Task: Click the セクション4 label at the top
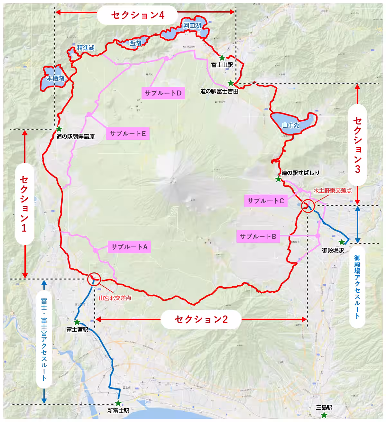pyautogui.click(x=138, y=15)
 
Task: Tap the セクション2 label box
pyautogui.click(x=201, y=319)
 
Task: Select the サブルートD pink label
pyautogui.click(x=163, y=93)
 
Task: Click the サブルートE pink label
pyautogui.click(x=128, y=133)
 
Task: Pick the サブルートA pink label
pyautogui.click(x=129, y=247)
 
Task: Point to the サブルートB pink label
pyautogui.click(x=258, y=236)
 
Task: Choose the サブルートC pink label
pyautogui.click(x=266, y=201)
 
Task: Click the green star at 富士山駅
pyautogui.click(x=222, y=58)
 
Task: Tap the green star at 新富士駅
pyautogui.click(x=118, y=403)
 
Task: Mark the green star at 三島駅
pyautogui.click(x=324, y=415)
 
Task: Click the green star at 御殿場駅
pyautogui.click(x=342, y=242)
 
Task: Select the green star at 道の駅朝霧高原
pyautogui.click(x=59, y=129)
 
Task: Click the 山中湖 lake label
pyautogui.click(x=291, y=125)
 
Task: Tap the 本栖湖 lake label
pyautogui.click(x=55, y=78)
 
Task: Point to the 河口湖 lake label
pyautogui.click(x=192, y=26)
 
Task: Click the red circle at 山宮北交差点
pyautogui.click(x=94, y=279)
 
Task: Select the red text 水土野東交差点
pyautogui.click(x=333, y=190)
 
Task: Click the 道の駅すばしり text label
pyautogui.click(x=300, y=173)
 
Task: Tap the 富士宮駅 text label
pyautogui.click(x=77, y=330)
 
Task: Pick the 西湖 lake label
pyautogui.click(x=135, y=43)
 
